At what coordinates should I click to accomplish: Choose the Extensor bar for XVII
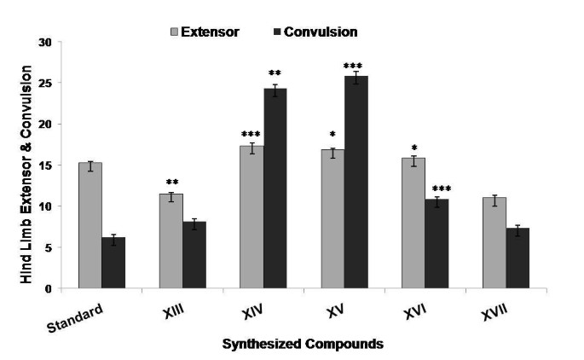493,243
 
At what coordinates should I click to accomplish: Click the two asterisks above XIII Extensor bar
171,183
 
